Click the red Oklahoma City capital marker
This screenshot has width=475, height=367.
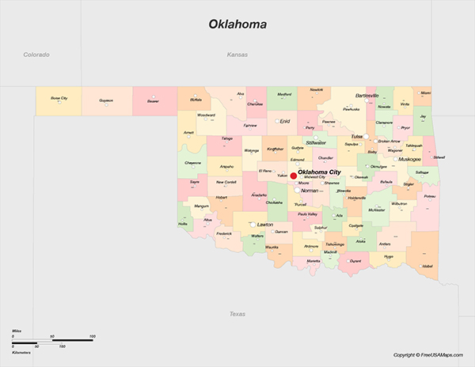click(x=293, y=176)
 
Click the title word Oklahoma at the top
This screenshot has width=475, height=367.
click(x=237, y=24)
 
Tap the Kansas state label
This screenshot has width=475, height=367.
click(x=237, y=55)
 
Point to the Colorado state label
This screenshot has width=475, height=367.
click(x=36, y=55)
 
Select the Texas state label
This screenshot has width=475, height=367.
click(x=237, y=314)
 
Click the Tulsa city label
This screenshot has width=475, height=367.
click(x=357, y=136)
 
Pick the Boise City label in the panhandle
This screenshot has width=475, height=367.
click(x=59, y=99)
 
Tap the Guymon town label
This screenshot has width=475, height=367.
click(x=106, y=100)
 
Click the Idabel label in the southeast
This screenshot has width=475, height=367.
click(x=428, y=267)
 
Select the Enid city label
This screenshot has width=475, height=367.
click(x=285, y=121)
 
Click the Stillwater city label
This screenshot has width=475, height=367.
click(x=316, y=142)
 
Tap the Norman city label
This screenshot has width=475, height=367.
click(x=310, y=191)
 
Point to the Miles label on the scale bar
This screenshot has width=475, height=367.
click(x=17, y=331)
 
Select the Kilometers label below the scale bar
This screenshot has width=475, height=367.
click(x=22, y=351)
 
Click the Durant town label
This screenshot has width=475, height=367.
click(x=355, y=260)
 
